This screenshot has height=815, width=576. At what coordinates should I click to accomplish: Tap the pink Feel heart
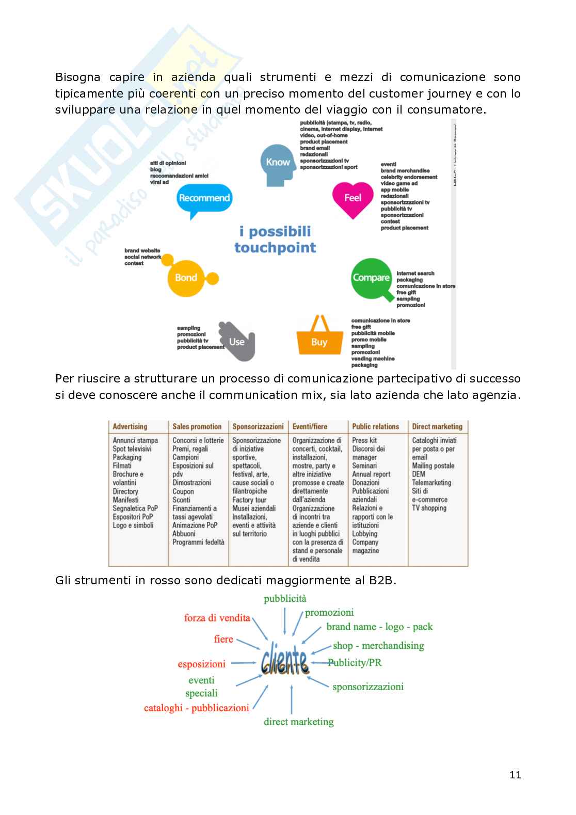pos(353,198)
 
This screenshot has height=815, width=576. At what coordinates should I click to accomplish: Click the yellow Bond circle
pos(186,278)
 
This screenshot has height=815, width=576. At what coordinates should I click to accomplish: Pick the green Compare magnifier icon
pos(371,278)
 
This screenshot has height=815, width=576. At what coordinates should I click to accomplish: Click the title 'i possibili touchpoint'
pos(275,239)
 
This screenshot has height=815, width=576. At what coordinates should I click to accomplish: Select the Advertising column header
pos(130,427)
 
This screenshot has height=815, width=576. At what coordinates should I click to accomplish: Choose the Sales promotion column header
pos(197,427)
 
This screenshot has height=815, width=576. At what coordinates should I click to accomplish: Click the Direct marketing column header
pos(437,427)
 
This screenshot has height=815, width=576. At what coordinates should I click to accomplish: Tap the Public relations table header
pos(376,427)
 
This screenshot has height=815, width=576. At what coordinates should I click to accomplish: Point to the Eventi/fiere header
pos(310,427)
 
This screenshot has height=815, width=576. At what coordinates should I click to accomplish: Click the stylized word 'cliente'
pos(285,661)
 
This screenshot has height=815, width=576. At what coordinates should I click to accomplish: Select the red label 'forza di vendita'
pos(217,618)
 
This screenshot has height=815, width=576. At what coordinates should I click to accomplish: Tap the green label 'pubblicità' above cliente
pos(285,599)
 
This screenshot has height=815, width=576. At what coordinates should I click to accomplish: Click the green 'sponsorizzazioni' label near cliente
pos(368,687)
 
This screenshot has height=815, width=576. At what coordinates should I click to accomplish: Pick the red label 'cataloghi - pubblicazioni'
pos(197,708)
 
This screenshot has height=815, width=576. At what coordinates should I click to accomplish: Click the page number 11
pos(515,775)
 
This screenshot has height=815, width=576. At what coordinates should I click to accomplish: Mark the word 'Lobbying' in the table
pos(365,534)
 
